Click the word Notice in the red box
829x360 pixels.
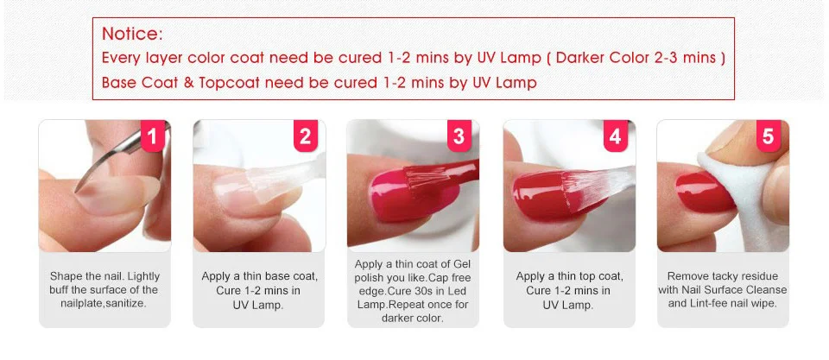[130, 34]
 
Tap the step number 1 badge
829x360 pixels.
[153, 136]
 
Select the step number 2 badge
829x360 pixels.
[306, 136]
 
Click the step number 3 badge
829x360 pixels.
[459, 136]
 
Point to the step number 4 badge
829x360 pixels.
[615, 136]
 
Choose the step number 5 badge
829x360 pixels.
[769, 136]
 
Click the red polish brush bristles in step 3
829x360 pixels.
[424, 180]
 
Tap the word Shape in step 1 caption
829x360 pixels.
[66, 276]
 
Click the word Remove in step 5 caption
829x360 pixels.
[687, 276]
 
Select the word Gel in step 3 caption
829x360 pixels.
[462, 264]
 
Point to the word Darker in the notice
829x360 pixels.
[580, 58]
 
